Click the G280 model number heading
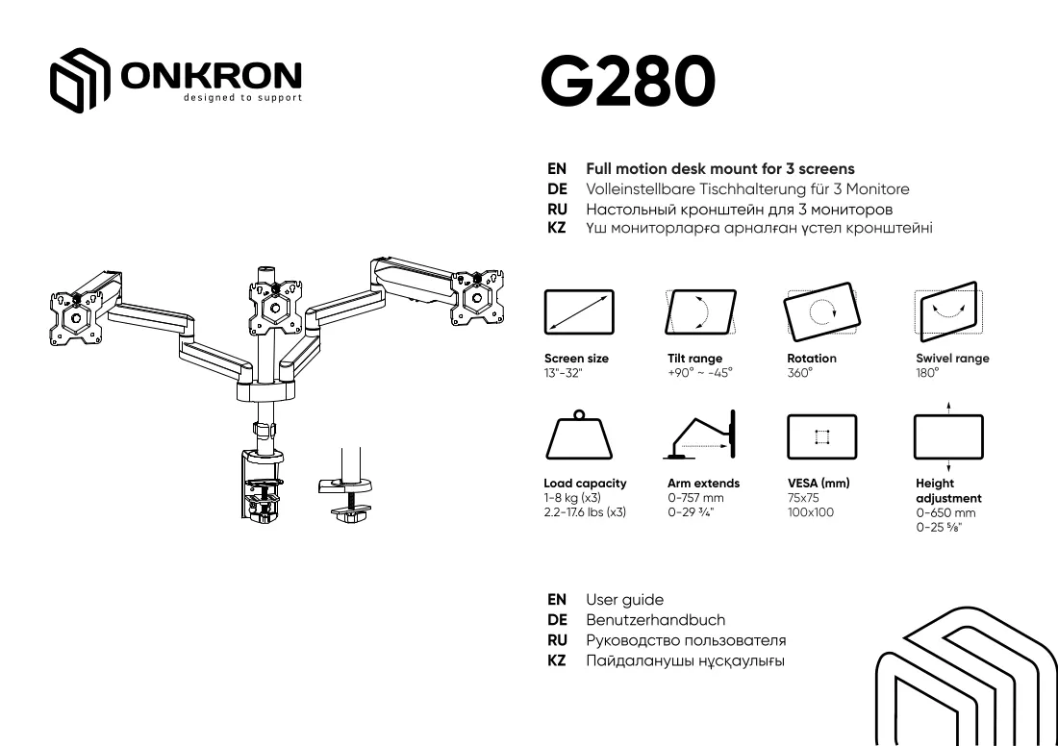click(627, 81)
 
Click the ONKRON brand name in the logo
click(212, 75)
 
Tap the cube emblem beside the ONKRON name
click(80, 80)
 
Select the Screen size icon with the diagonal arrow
click(579, 312)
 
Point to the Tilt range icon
click(700, 312)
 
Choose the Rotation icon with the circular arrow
click(821, 311)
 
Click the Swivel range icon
click(948, 311)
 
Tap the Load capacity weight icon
click(579, 435)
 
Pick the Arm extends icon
click(699, 435)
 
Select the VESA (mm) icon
click(821, 437)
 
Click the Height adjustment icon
click(948, 437)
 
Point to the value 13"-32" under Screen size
click(563, 373)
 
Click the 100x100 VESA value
click(811, 512)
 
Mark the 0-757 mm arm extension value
click(695, 498)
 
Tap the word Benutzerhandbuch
click(655, 620)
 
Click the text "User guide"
click(625, 600)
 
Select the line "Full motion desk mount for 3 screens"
click(720, 168)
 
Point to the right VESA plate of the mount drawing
click(477, 297)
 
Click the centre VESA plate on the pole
click(275, 307)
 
